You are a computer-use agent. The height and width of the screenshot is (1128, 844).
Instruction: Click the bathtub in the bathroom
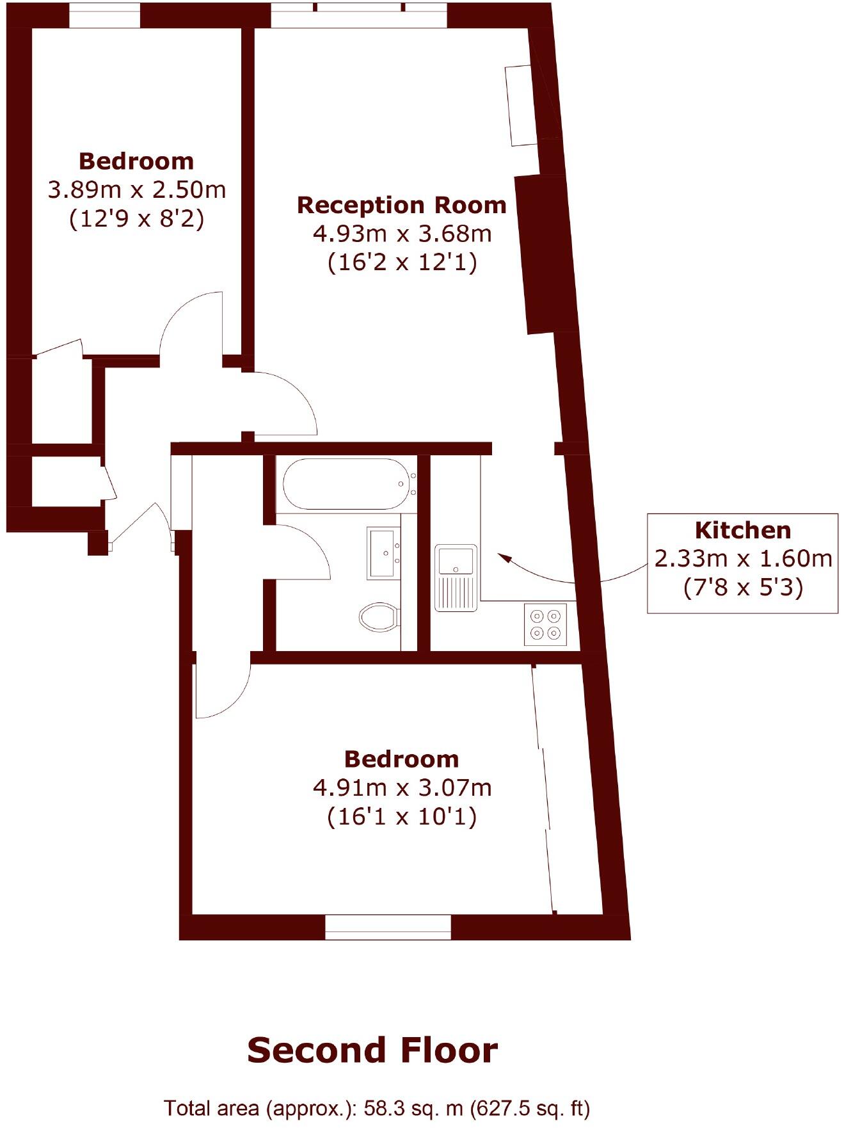click(x=346, y=484)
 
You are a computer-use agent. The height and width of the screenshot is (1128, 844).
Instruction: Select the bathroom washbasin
click(x=384, y=553)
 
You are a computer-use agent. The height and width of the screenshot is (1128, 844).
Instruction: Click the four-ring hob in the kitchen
click(x=546, y=624)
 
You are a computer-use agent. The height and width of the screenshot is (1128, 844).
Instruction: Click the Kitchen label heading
click(x=742, y=530)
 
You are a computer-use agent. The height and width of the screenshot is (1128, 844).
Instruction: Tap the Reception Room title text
click(x=401, y=205)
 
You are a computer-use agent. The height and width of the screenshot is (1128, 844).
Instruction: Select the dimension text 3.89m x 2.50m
click(x=137, y=190)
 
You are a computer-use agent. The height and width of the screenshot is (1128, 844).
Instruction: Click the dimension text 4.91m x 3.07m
click(x=402, y=787)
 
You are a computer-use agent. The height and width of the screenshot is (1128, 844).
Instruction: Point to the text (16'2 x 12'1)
click(x=402, y=262)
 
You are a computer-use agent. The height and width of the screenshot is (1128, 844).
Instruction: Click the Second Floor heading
click(x=372, y=1051)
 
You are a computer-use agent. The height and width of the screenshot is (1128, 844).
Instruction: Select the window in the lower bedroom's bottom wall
click(x=388, y=926)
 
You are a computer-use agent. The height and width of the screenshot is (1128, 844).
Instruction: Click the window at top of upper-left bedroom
click(x=104, y=15)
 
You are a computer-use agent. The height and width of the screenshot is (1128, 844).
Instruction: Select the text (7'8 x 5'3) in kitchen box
click(x=742, y=587)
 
